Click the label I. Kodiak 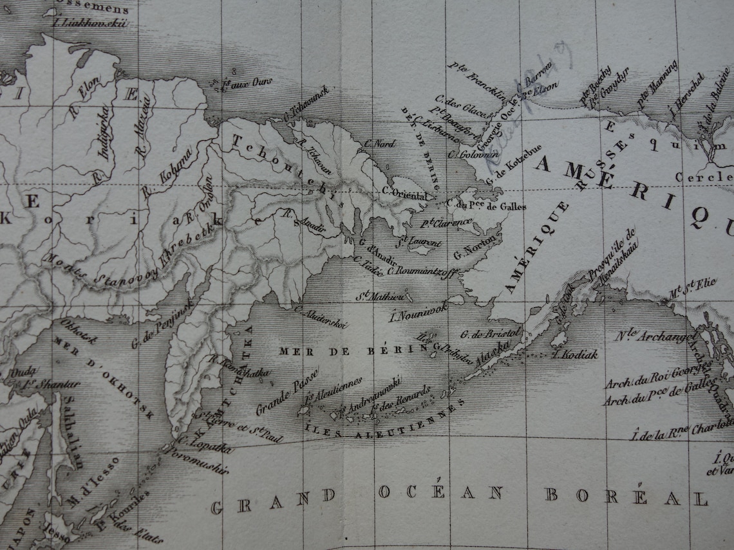[x=574, y=354]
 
